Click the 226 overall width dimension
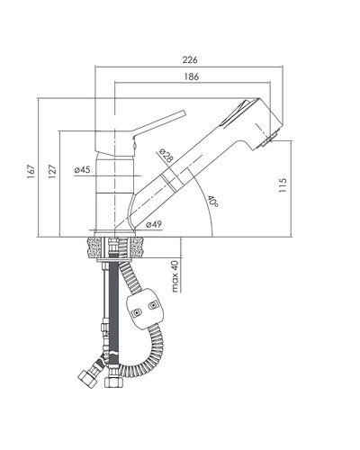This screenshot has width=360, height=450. pos(190,59)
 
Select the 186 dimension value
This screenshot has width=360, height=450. pos(192,76)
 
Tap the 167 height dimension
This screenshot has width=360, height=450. pos(31,172)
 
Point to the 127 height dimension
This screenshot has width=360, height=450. pos(52,172)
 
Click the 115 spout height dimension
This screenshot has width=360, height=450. pos(283,185)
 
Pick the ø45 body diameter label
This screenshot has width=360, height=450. pos(82,170)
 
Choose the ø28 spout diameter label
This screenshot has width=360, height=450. pos(166,156)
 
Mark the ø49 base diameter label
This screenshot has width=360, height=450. pos(154,224)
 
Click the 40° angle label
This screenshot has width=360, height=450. pos(212,201)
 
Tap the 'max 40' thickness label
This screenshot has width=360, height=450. pos(175,276)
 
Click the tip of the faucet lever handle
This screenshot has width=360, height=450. pos(184,112)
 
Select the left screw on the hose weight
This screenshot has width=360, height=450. pos(137,313)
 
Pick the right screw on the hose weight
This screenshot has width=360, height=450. pos(153,306)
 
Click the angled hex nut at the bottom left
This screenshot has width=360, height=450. pos(87,379)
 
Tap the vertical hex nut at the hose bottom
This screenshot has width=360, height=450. pos(113,382)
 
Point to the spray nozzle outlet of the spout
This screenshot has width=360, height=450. pos(269,139)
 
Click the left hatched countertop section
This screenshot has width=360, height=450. pos(94,247)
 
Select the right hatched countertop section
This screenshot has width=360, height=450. pos(137,247)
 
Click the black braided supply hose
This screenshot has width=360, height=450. pos(113,309)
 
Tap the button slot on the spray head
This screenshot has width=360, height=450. pos(237,113)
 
